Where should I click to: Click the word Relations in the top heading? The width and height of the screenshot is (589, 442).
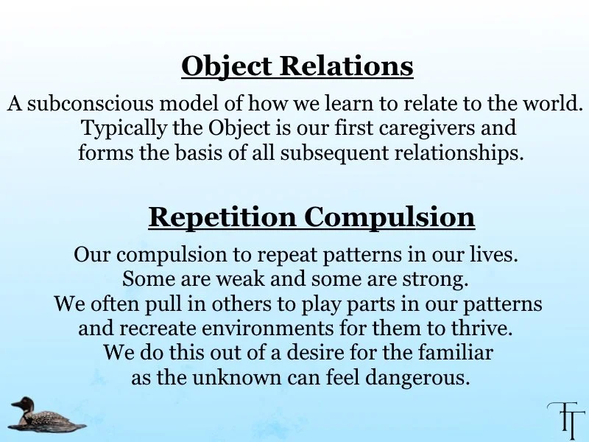[346, 66]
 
